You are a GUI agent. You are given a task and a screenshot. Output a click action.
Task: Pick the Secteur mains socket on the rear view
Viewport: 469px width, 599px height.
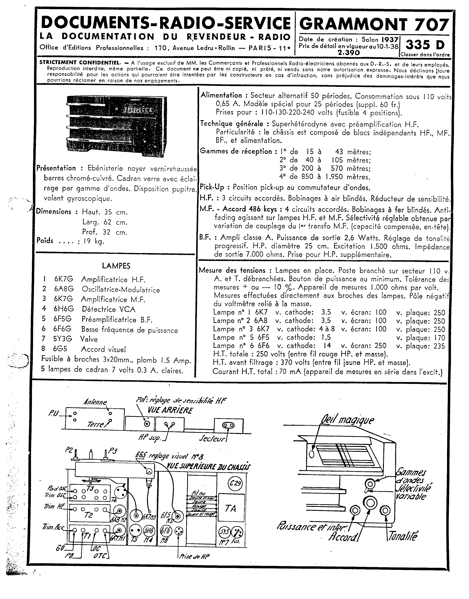228,425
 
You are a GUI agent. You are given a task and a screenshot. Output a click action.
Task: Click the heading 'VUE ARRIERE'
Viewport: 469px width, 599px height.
170,410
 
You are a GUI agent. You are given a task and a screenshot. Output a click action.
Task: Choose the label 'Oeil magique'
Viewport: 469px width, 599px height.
347,420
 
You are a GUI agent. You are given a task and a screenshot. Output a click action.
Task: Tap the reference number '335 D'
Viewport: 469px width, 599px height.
425,45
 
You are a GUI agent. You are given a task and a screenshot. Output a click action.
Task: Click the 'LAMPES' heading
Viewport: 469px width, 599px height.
116,266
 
